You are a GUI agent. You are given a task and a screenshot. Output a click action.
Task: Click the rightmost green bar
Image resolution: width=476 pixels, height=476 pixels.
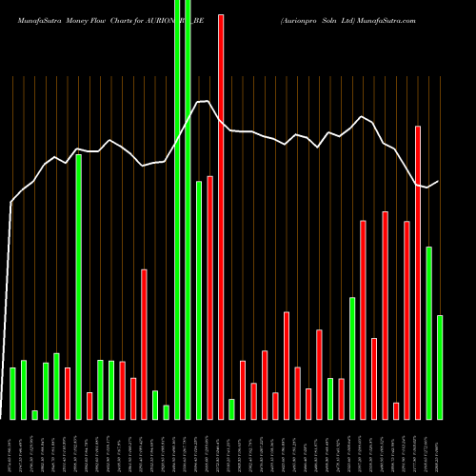click(440, 367)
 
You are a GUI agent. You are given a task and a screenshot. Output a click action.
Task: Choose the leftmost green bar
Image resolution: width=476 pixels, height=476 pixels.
click(12, 392)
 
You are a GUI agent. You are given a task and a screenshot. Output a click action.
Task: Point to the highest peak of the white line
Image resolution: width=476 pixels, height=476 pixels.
click(204, 101)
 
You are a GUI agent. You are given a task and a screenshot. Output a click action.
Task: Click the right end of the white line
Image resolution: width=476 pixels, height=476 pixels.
click(439, 181)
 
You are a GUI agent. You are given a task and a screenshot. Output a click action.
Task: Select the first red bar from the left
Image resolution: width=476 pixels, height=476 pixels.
click(68, 393)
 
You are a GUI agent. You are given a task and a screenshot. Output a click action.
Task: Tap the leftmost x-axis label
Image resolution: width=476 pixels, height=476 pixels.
click(12, 447)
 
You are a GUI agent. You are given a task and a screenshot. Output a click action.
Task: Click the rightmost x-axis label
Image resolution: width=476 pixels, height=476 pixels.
click(440, 447)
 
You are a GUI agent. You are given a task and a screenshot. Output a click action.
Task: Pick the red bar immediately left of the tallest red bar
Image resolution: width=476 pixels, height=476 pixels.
click(209, 297)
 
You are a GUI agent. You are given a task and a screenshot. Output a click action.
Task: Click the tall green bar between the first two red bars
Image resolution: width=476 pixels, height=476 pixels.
click(78, 287)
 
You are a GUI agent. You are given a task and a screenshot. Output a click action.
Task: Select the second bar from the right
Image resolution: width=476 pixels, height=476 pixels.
click(428, 332)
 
